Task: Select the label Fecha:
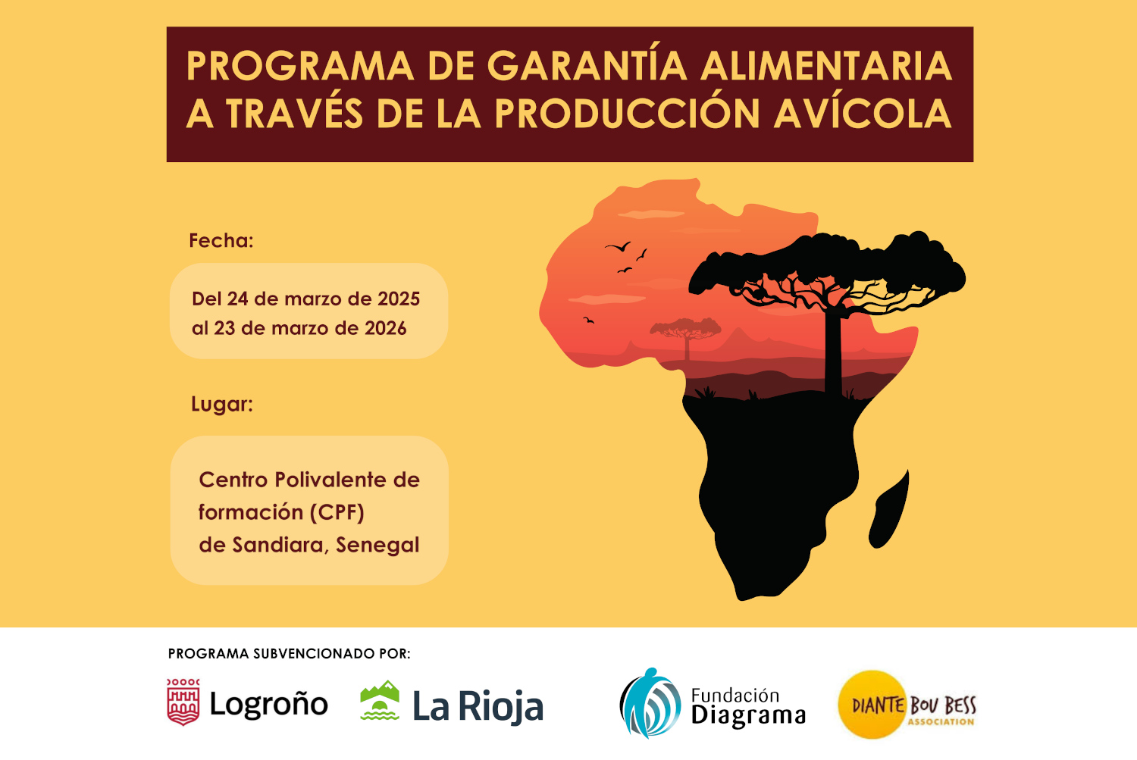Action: pos(221,240)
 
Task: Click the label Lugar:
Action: pos(222,405)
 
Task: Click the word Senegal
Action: pos(377,546)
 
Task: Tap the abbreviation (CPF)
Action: pos(337,512)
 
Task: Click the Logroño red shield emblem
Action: pos(183,702)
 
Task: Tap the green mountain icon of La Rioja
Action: pos(380,700)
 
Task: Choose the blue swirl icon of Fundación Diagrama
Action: pos(650,703)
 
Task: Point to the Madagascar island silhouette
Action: pos(889,509)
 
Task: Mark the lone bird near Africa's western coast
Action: pos(589,320)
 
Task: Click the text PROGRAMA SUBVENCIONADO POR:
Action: pos(290,653)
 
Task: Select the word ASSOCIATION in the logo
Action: pos(941,721)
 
